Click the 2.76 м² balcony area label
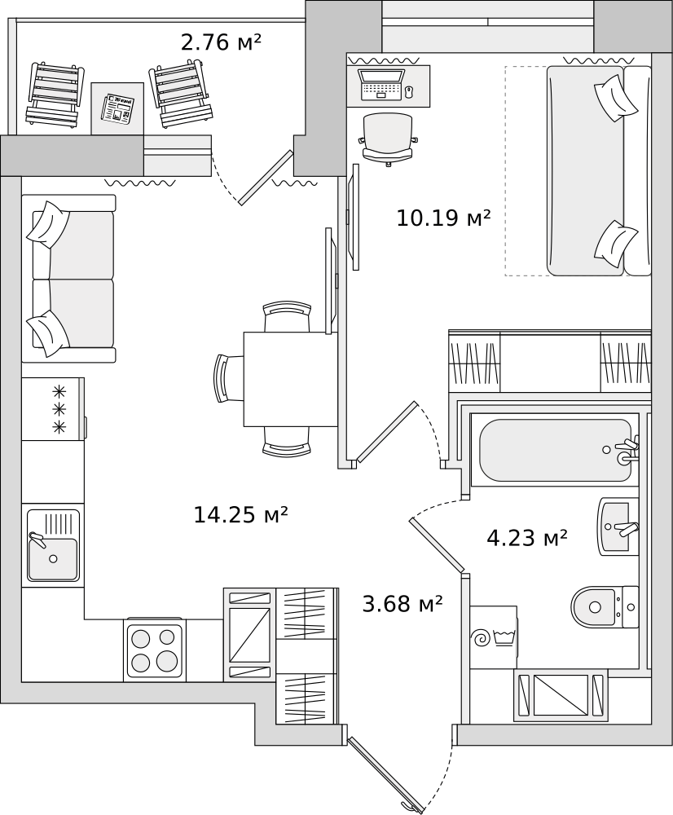(220, 42)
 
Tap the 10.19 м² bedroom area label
(443, 218)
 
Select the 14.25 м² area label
(240, 514)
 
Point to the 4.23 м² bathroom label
(526, 538)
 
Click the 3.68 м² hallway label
(402, 604)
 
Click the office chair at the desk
(388, 139)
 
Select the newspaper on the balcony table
(117, 108)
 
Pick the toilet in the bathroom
(605, 606)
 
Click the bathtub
(555, 450)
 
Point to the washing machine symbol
(493, 637)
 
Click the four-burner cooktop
(154, 650)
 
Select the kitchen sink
(53, 545)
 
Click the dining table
(291, 379)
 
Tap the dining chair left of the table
(229, 379)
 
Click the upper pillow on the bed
(616, 98)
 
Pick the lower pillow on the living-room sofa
(48, 333)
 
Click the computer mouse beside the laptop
(409, 92)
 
